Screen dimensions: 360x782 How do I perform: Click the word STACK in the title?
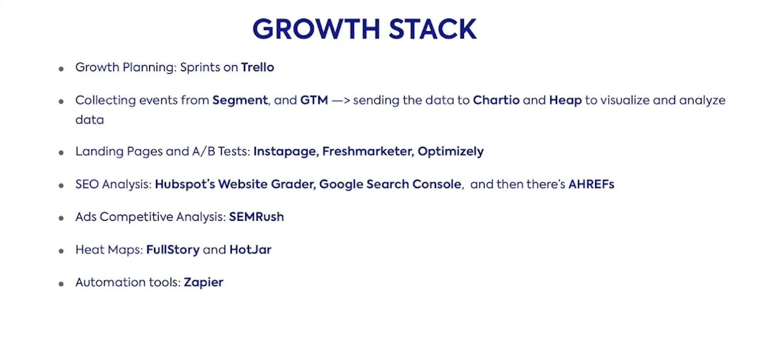tap(433, 29)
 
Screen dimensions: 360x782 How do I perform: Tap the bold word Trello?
tap(258, 67)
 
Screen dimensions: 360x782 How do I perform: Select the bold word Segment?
tap(240, 101)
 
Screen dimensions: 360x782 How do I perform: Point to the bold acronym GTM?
tap(314, 100)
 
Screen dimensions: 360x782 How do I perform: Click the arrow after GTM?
tap(341, 101)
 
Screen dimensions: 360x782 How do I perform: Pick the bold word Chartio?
tap(496, 100)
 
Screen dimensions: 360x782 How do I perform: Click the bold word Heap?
tap(565, 100)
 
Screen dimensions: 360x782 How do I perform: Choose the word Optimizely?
tap(451, 152)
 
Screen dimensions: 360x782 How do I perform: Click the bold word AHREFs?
tap(591, 184)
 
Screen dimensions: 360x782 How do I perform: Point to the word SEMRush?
tap(257, 217)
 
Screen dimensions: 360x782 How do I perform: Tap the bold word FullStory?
tap(173, 250)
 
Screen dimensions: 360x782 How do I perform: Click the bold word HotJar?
tap(250, 250)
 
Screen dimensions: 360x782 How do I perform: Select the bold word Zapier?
tap(203, 283)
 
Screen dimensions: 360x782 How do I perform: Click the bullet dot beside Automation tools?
tap(61, 284)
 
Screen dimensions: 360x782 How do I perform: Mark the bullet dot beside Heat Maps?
tap(61, 251)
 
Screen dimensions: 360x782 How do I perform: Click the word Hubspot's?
tap(185, 185)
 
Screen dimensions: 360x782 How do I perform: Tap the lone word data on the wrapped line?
tap(89, 120)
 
